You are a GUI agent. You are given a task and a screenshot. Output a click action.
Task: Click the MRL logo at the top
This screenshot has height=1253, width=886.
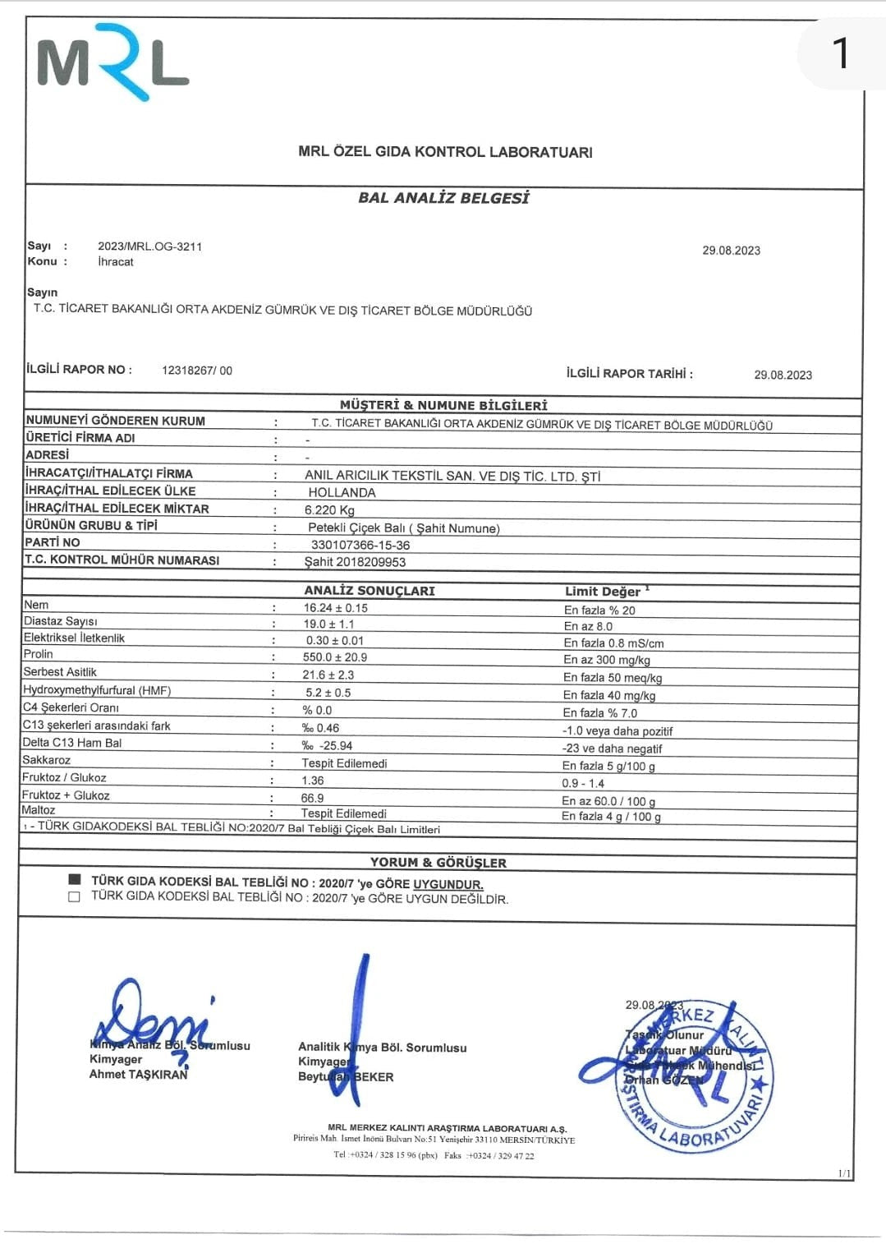pos(112,62)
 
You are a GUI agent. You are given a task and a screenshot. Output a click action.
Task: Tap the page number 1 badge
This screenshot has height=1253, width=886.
pos(840,54)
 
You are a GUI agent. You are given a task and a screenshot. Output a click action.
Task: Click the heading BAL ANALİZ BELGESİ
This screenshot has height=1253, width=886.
pos(443,198)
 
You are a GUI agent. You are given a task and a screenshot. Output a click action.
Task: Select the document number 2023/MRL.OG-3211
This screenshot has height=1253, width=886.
pos(149,246)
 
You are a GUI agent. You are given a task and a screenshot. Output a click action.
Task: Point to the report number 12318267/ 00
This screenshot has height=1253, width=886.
pos(197,371)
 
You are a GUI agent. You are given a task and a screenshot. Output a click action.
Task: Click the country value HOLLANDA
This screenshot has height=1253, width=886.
pos(342,492)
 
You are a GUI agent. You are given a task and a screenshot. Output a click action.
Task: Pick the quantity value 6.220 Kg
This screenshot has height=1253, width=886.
pos(330,509)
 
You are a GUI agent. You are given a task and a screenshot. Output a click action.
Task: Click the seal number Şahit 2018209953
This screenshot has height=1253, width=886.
pos(355,562)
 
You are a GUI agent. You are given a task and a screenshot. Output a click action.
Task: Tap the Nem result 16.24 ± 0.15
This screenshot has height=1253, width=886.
pos(335,608)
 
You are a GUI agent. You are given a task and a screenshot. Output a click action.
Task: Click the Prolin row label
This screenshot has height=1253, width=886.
pos(38,654)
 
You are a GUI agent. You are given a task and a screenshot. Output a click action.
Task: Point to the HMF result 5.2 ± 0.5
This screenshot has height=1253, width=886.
pos(328,693)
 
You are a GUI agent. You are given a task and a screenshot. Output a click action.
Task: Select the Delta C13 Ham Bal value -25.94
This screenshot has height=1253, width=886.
pos(328,746)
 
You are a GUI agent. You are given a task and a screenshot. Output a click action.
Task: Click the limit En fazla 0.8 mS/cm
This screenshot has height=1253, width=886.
pos(613,643)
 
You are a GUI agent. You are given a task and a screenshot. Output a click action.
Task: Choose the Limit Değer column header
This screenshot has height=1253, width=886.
pos(603,592)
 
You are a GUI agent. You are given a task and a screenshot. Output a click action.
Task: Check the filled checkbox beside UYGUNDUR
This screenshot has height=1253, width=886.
pos(75,879)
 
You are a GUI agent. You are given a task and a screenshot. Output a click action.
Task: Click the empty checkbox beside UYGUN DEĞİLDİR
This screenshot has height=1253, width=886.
pos(75,896)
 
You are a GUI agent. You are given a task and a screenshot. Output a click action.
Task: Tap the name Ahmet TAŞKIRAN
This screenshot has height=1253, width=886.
pos(138,1075)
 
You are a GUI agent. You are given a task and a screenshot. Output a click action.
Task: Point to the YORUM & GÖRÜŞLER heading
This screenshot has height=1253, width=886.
pos(438,863)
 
